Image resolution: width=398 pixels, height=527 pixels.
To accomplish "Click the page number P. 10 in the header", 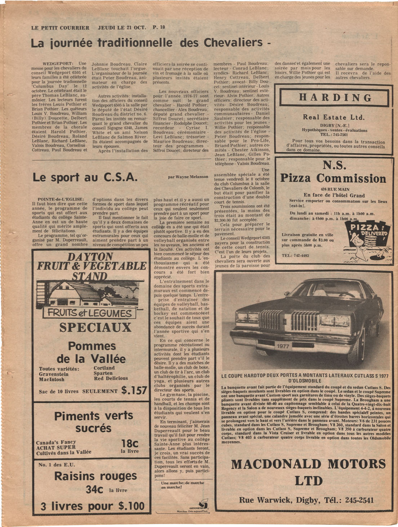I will [x=159, y=27].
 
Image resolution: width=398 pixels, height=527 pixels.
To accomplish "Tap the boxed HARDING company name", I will [x=335, y=97].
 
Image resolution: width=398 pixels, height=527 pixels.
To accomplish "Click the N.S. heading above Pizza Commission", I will [x=335, y=165].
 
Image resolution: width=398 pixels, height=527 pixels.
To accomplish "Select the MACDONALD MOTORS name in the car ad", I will [x=308, y=464].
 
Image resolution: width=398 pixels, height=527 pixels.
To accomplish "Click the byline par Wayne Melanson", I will [x=188, y=177].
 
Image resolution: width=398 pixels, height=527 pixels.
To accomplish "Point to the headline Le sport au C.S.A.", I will [x=85, y=177].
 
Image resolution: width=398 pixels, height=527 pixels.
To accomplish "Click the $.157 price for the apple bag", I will [x=134, y=390].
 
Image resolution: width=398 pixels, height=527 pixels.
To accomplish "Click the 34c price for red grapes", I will [x=94, y=490].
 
